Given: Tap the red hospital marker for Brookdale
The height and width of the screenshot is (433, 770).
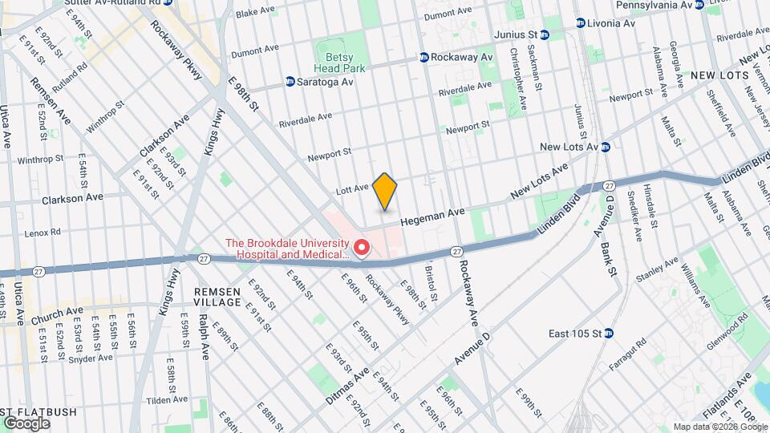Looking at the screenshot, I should (362, 249).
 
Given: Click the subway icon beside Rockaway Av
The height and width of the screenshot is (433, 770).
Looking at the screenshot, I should (423, 58).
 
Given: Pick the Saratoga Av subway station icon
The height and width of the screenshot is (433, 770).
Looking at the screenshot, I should (290, 82).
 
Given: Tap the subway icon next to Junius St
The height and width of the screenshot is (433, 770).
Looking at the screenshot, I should (545, 35).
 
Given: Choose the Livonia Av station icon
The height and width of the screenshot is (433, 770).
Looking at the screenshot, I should (580, 23).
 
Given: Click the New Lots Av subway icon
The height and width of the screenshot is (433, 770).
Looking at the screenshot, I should (606, 147).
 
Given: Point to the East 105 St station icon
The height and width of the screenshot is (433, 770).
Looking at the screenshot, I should (608, 334).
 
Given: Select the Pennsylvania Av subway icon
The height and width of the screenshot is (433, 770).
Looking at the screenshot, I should (699, 5).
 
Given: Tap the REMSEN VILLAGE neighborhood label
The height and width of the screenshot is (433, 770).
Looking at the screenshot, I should (217, 297).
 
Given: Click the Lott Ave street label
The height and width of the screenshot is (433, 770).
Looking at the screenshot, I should (351, 188).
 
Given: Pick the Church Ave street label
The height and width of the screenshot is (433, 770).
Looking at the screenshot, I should (57, 315).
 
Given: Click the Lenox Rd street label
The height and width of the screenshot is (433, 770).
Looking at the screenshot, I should (43, 233).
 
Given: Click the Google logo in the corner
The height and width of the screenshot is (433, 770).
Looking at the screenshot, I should (27, 423).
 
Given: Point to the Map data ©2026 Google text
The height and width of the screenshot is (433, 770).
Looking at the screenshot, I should (719, 427).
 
